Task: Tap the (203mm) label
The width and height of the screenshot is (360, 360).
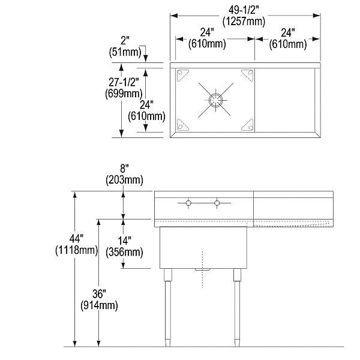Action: coord(124,179)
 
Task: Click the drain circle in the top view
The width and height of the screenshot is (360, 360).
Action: coord(214,98)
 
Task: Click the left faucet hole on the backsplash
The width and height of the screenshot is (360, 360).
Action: coord(188,203)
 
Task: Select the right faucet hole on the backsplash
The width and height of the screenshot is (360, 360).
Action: coord(217,203)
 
